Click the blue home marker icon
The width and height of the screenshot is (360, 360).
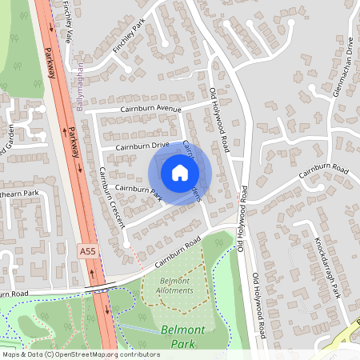pyautogui.click(x=180, y=172)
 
